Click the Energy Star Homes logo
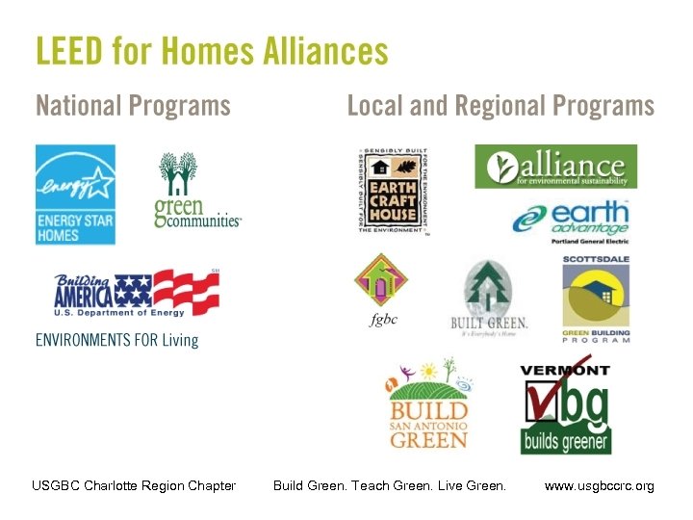pyautogui.click(x=75, y=195)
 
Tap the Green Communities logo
pyautogui.click(x=197, y=191)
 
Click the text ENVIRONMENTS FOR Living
pyautogui.click(x=116, y=340)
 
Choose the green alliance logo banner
pyautogui.click(x=555, y=167)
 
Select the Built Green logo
pyautogui.click(x=489, y=297)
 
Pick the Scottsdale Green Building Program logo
pyautogui.click(x=597, y=299)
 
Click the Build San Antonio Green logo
pyautogui.click(x=428, y=403)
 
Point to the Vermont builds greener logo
pyautogui.click(x=565, y=408)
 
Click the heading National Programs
pyautogui.click(x=133, y=105)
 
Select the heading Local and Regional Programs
pyautogui.click(x=500, y=105)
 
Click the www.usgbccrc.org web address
pyautogui.click(x=599, y=486)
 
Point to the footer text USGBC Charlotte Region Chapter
pyautogui.click(x=134, y=486)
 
